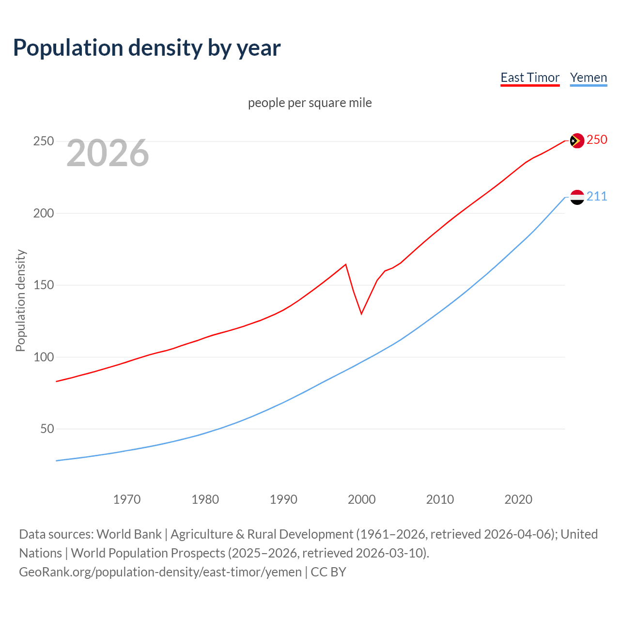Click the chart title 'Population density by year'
click(147, 48)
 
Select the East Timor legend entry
click(530, 77)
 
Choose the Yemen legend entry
click(589, 77)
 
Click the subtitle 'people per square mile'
click(310, 103)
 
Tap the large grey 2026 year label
click(108, 153)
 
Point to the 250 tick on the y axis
click(44, 141)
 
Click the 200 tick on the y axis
click(44, 213)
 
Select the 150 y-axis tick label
click(44, 285)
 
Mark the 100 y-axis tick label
click(44, 357)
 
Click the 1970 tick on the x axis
click(127, 499)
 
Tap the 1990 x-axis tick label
click(283, 499)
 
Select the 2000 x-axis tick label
click(362, 499)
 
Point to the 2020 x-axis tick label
click(518, 499)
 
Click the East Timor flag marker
click(577, 140)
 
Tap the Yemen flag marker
click(577, 197)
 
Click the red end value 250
click(597, 140)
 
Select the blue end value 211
click(597, 196)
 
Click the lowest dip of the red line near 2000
click(361, 314)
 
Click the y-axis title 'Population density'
click(20, 300)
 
